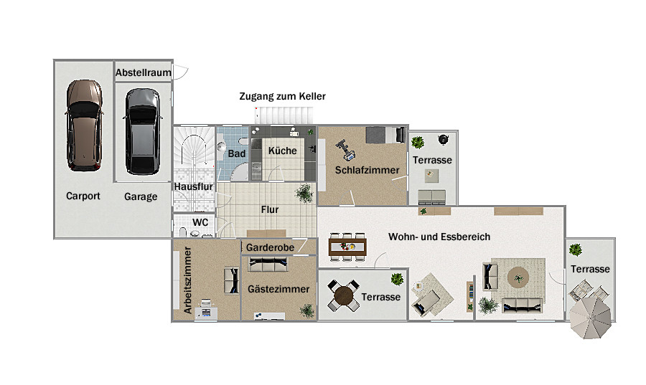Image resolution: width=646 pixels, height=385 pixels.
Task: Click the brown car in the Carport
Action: click(84, 125)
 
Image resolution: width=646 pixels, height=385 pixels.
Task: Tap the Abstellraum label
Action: click(144, 73)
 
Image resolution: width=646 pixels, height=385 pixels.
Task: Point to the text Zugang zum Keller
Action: click(283, 96)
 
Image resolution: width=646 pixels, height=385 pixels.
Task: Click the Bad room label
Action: click(236, 153)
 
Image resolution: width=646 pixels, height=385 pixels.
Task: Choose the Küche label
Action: click(283, 151)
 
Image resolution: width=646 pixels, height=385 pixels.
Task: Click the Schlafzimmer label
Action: click(367, 170)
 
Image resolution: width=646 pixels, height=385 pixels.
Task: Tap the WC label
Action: click(200, 222)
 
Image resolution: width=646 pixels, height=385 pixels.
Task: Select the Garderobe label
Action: click(271, 247)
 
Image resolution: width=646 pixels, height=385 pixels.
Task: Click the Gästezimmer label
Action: click(278, 289)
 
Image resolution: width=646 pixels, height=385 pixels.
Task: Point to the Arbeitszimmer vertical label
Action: click(188, 280)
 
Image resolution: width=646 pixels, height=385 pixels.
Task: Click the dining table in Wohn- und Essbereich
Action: click(347, 247)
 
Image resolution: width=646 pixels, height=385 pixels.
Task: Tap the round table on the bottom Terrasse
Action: click(344, 295)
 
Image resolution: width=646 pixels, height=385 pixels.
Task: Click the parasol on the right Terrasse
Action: click(591, 318)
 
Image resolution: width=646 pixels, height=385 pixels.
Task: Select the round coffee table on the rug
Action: click(518, 277)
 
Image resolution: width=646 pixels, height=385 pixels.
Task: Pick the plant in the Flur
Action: click(305, 194)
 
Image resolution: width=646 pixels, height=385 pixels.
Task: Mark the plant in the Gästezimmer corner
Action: click(307, 310)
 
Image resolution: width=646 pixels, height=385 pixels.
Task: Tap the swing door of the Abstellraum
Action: click(181, 72)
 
